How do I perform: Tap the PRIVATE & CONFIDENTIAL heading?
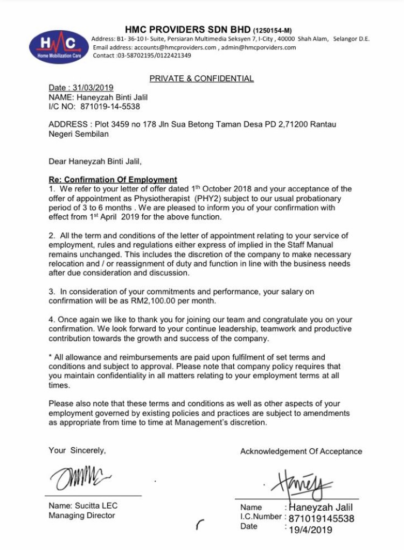pyautogui.click(x=201, y=79)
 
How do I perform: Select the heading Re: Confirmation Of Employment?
pyautogui.click(x=113, y=180)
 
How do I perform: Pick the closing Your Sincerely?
pyautogui.click(x=77, y=450)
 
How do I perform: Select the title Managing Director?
pyautogui.click(x=81, y=516)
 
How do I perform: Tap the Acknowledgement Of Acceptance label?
pyautogui.click(x=301, y=452)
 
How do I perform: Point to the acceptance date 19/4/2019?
pyautogui.click(x=311, y=530)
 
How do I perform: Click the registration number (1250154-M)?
pyautogui.click(x=273, y=31)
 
